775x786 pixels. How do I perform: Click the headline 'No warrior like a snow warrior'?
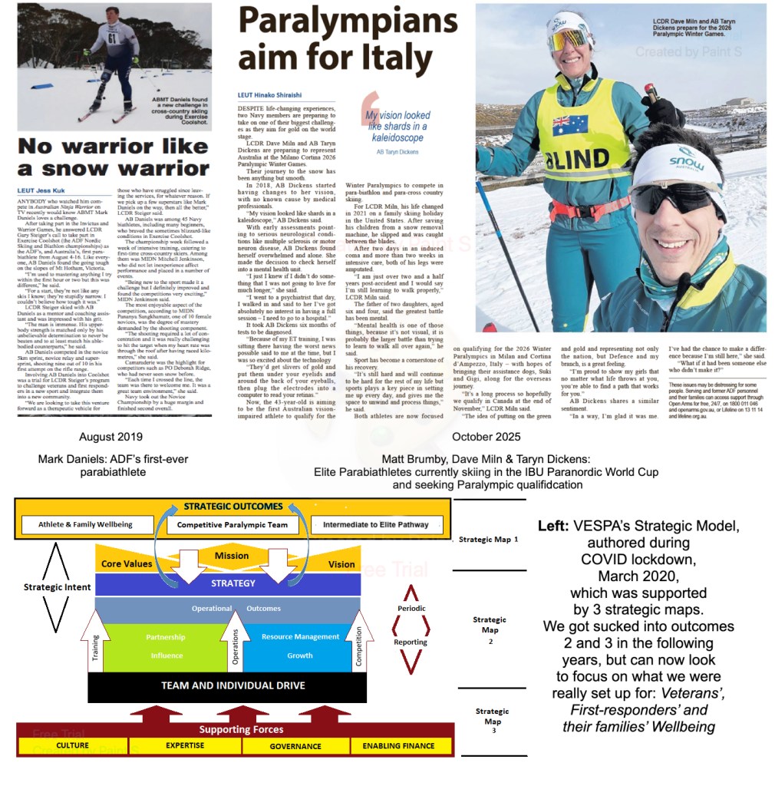[114, 157]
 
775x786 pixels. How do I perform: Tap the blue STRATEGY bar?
[233, 583]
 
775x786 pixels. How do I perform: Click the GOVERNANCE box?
[295, 746]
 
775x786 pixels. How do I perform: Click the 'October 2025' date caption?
[486, 437]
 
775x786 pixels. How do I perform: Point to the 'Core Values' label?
[126, 564]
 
